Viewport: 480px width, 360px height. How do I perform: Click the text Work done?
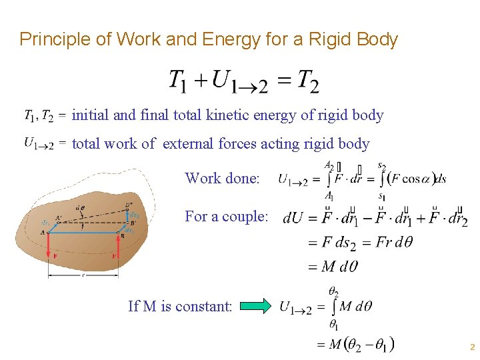coord(222,179)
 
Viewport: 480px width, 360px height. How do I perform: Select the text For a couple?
coord(226,217)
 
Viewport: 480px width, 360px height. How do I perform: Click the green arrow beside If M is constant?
coord(256,307)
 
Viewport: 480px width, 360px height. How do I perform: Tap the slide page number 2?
coord(472,347)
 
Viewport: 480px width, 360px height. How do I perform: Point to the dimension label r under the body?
coord(83,273)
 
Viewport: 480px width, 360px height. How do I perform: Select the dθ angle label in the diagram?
coord(79,208)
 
